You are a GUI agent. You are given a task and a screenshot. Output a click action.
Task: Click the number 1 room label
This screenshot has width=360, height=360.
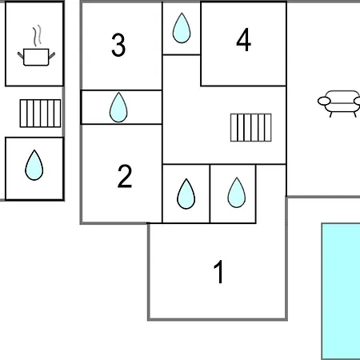pos(219,272)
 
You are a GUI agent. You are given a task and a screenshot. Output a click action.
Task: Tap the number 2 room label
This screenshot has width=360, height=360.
pos(125,176)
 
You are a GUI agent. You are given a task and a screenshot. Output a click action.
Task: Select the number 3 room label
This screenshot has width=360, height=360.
pos(118,45)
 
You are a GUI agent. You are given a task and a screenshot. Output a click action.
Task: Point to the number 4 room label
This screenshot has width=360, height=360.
pos(244,40)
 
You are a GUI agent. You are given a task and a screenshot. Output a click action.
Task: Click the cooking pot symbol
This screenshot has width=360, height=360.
pos(36,57)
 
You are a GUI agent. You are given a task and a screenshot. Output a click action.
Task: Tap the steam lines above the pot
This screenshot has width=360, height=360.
pos(37,35)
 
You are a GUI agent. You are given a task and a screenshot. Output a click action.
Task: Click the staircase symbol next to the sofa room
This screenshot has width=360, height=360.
pos(251,127)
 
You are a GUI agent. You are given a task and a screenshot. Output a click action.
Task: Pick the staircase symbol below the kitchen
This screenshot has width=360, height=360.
pos(40,114)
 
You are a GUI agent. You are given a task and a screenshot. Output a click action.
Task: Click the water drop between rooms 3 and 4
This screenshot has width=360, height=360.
pos(182,28)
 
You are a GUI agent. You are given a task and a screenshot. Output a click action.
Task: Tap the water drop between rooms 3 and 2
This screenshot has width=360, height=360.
pos(118,107)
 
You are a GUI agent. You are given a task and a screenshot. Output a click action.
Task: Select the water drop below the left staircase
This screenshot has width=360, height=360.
pos(34,165)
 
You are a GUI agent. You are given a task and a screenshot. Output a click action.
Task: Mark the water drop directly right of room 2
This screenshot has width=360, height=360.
pos(186,194)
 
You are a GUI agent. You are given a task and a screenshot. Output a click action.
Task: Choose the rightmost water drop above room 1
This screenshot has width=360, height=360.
pos(237,193)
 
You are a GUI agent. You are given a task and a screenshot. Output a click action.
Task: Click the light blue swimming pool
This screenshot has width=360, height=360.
pos(341,291)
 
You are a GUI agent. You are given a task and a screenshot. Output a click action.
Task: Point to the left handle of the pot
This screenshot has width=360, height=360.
pos(21,55)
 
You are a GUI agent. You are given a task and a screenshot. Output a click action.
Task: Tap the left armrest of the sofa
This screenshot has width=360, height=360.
pos(324,101)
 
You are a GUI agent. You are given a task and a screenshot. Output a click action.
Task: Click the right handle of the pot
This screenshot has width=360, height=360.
pos(52,55)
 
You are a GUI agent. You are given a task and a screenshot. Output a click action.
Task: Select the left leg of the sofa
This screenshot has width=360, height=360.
pos(331,114)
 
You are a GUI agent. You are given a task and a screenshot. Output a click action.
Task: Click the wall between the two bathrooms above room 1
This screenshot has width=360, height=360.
pos(210,194)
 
